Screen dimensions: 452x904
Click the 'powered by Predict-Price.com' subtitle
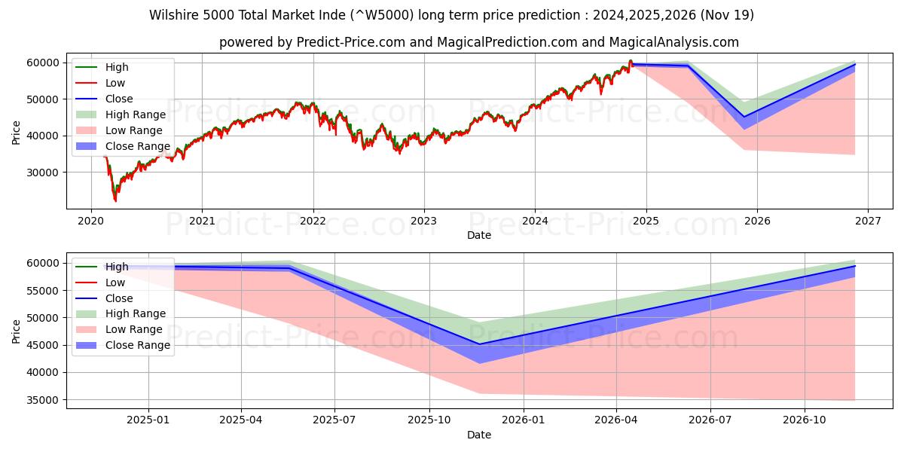(478, 42)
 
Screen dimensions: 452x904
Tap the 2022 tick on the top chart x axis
(313, 221)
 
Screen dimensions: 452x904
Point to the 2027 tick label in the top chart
(867, 221)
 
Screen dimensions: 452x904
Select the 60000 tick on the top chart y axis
(44, 63)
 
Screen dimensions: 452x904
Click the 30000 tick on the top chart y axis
(44, 173)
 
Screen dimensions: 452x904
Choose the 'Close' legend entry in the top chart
(119, 99)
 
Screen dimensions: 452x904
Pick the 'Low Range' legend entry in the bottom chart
(134, 329)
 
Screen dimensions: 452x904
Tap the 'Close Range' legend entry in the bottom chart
(137, 345)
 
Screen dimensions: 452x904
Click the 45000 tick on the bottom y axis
(44, 345)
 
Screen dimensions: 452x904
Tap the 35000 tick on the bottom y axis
(44, 400)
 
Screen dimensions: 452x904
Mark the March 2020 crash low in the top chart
(115, 200)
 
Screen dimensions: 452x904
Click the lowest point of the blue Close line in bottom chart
(479, 344)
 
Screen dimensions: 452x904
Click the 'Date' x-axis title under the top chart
(478, 235)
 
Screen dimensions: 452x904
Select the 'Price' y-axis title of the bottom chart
(17, 331)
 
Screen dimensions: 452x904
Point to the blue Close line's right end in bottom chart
(855, 266)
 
